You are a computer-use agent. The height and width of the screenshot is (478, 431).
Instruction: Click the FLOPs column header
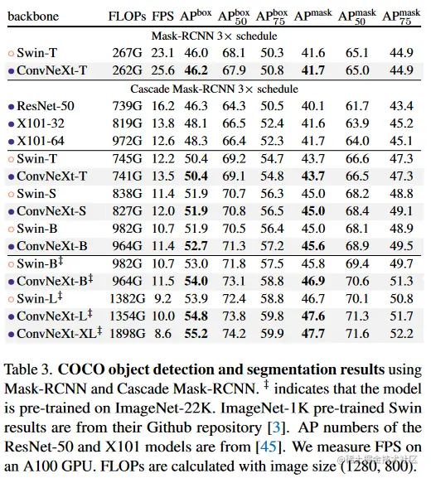127,17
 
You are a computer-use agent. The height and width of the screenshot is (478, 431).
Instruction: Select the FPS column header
162,17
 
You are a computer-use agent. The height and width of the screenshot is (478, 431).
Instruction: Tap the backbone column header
33,17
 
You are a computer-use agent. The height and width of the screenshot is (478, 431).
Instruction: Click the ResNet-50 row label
46,106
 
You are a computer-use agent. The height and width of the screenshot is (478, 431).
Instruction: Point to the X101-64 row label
41,141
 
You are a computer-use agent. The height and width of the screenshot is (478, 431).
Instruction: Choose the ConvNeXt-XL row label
59,333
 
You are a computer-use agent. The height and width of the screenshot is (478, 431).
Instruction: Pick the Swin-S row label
36,194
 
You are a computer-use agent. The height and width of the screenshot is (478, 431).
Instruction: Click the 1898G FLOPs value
127,334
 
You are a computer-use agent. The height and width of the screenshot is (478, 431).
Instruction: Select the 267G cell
127,53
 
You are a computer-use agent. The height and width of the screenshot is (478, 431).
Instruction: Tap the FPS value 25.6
163,70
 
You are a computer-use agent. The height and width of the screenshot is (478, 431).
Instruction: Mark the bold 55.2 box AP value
196,334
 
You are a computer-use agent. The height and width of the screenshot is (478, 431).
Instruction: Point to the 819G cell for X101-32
127,123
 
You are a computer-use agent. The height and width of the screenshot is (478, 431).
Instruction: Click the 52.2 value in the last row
401,334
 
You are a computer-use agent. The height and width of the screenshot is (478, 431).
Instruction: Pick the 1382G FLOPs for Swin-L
127,298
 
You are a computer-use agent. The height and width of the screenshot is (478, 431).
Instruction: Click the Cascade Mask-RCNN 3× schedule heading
214,89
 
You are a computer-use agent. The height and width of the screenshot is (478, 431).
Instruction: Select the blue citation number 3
276,427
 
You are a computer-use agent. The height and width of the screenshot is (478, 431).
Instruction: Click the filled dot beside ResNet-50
12,107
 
